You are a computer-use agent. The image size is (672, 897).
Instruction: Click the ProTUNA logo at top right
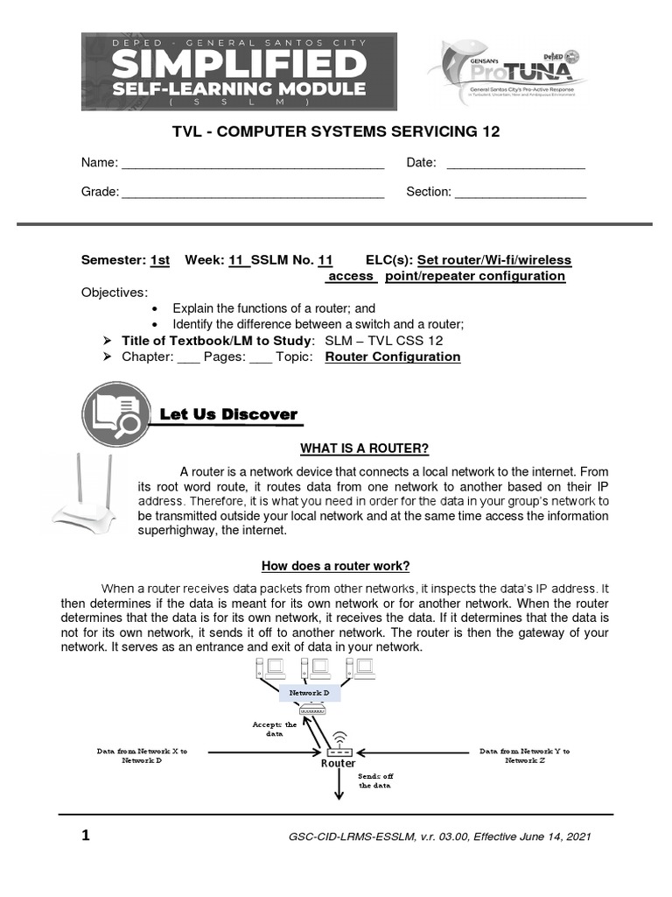[507, 73]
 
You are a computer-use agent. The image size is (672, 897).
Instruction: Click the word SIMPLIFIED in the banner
[239, 65]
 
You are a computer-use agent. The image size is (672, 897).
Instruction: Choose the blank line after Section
[520, 193]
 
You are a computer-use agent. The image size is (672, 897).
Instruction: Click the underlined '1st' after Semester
[160, 260]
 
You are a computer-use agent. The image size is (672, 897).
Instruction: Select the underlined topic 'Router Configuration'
[392, 357]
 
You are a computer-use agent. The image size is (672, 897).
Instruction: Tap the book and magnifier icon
[115, 413]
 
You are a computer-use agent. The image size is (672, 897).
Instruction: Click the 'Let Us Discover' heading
[228, 414]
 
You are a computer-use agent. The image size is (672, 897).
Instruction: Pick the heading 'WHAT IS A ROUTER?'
[365, 449]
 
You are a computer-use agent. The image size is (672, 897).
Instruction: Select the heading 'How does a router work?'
[336, 566]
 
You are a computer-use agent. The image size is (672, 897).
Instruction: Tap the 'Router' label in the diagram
[338, 764]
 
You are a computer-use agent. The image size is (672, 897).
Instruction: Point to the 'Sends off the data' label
[377, 780]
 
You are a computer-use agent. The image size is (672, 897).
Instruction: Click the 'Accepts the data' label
[275, 730]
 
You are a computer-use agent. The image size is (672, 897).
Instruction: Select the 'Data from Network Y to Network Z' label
[524, 755]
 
